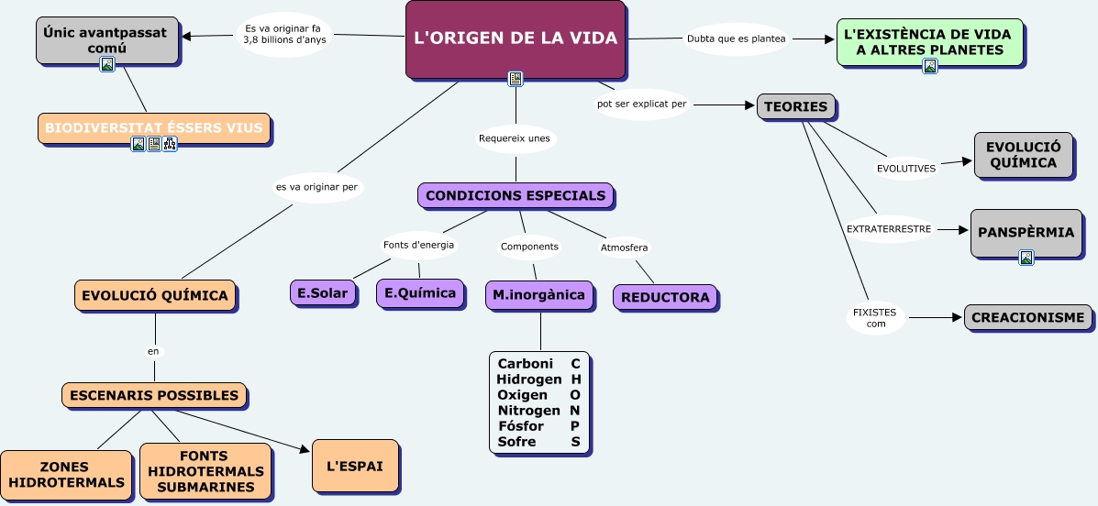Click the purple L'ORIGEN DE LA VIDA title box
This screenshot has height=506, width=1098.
[516, 39]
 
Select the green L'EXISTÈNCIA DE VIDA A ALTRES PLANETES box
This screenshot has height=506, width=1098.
[930, 41]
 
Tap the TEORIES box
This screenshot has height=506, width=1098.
[795, 106]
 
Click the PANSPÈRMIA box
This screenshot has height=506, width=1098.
[1025, 232]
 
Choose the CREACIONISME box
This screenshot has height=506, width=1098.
[1027, 317]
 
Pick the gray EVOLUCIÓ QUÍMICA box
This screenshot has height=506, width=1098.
[1023, 155]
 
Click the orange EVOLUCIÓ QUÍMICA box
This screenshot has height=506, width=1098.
[155, 295]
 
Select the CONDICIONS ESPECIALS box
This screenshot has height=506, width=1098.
[516, 195]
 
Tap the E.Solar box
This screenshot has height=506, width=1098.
[323, 293]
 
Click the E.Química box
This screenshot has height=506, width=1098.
[420, 293]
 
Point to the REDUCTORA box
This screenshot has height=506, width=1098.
[665, 297]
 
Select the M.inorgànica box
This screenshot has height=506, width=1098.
[538, 294]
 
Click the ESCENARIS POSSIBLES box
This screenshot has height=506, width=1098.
[154, 395]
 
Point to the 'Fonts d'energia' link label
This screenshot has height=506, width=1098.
[418, 245]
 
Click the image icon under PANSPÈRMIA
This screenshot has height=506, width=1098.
[1026, 258]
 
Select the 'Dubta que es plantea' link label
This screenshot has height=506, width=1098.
[736, 38]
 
